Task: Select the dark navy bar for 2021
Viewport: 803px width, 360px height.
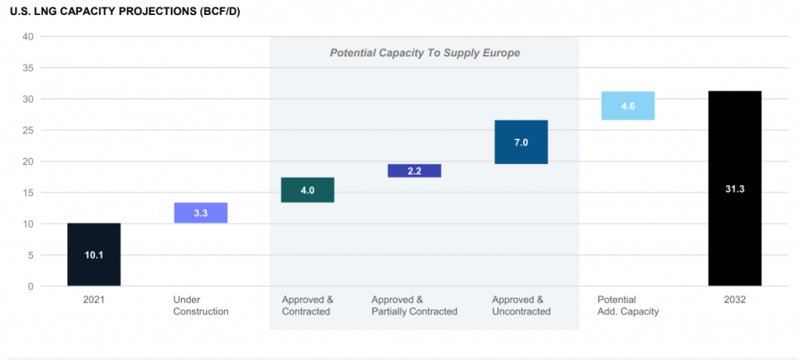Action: (x=94, y=255)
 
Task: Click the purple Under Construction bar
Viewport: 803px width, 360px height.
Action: (x=201, y=213)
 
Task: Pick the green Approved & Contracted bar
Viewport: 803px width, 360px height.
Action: (x=307, y=190)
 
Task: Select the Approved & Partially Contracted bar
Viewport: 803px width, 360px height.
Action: (x=414, y=171)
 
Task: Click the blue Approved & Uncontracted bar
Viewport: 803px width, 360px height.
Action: (x=521, y=142)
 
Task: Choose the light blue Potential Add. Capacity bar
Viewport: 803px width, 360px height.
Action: (x=627, y=106)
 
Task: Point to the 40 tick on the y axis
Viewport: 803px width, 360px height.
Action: (x=27, y=37)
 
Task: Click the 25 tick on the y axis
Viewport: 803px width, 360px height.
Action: (x=27, y=130)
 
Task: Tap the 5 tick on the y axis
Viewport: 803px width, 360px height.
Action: (x=30, y=256)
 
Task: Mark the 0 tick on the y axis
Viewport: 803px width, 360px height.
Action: (x=30, y=287)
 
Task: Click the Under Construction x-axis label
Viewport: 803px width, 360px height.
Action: (x=201, y=306)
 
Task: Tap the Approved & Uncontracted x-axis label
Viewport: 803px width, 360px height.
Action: (x=521, y=306)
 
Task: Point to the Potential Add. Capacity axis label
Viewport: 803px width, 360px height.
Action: (x=627, y=306)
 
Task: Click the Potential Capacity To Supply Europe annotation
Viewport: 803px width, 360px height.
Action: (x=424, y=53)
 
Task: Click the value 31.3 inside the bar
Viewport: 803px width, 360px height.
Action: (x=735, y=189)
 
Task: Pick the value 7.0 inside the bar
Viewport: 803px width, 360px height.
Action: (x=521, y=143)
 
